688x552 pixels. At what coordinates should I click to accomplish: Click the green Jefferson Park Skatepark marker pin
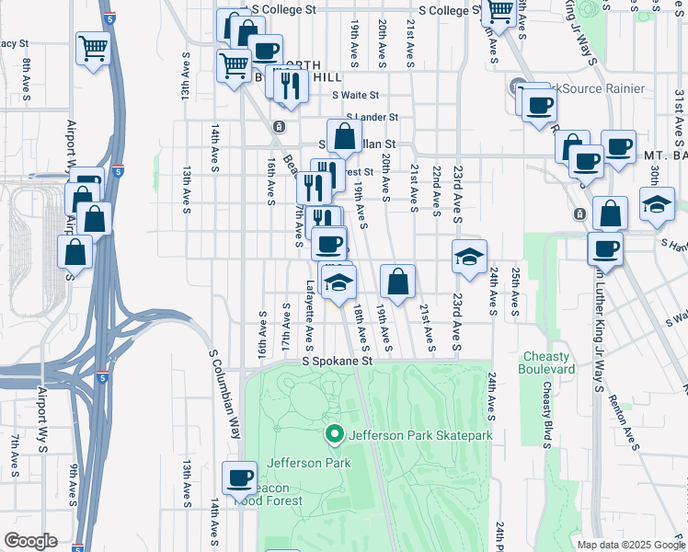(335, 433)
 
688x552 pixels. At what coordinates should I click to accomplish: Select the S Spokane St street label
(338, 362)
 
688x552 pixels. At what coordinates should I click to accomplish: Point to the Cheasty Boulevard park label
(548, 362)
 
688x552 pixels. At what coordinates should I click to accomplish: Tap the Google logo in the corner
(30, 541)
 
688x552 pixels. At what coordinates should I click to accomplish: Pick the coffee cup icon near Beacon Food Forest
(239, 477)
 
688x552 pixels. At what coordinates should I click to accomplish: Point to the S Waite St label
(356, 95)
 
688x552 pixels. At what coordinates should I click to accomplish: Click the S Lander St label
(372, 118)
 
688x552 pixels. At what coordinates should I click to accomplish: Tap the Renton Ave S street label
(627, 427)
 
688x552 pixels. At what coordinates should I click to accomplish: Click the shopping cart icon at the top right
(499, 11)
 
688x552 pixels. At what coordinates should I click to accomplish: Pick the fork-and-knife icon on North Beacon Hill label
(290, 85)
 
